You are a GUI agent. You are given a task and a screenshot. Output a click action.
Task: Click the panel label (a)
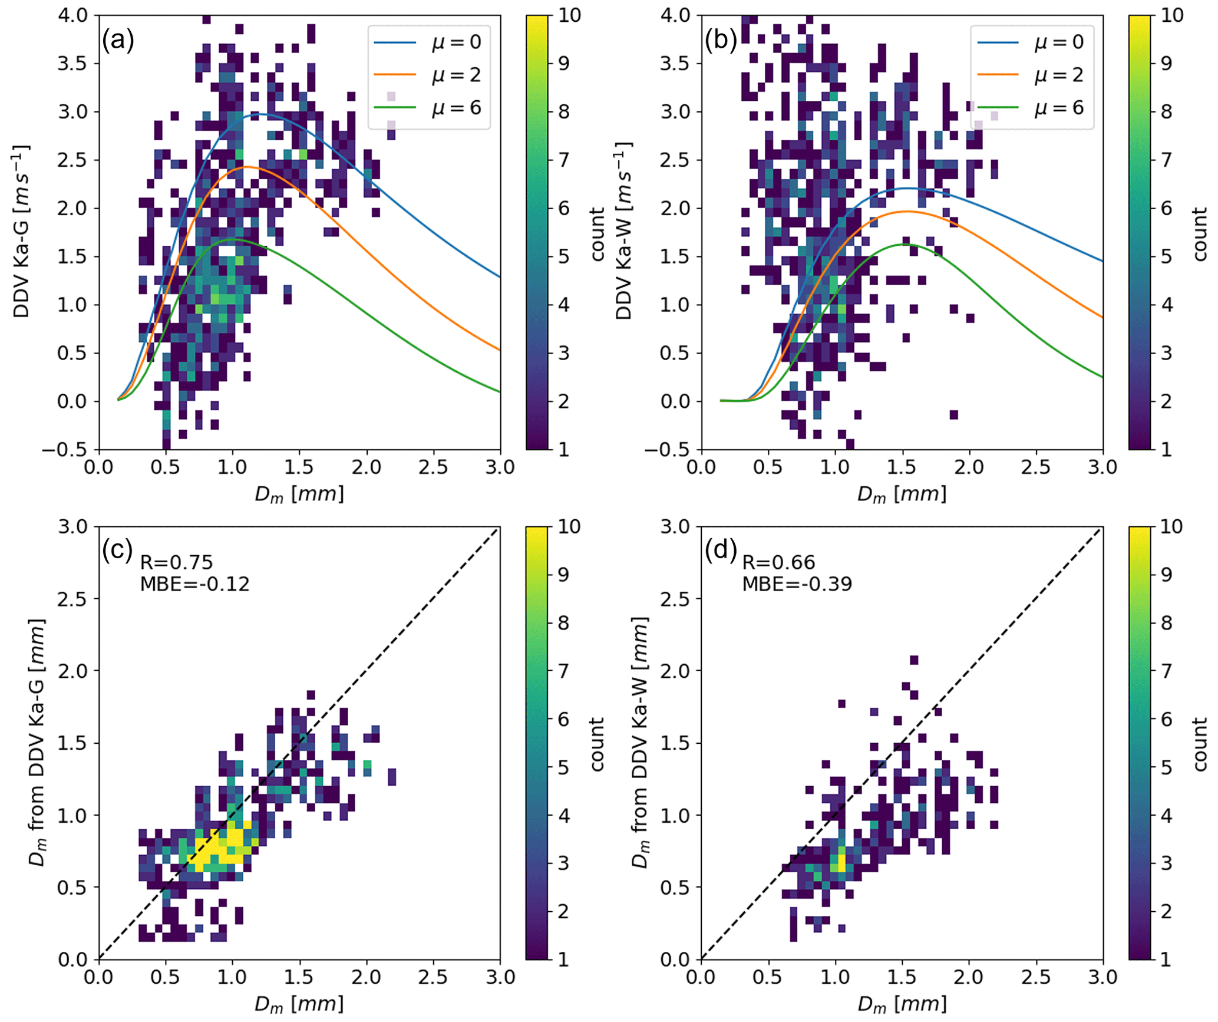[118, 41]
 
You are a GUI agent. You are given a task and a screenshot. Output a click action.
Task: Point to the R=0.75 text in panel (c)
[176, 563]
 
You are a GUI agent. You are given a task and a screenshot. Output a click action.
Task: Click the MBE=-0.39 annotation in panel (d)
[797, 584]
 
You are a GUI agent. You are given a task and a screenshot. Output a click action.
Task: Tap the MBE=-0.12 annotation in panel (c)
[194, 584]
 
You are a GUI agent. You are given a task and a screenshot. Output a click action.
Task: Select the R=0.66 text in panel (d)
[778, 563]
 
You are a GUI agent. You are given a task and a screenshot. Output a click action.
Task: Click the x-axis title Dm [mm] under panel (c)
[299, 1003]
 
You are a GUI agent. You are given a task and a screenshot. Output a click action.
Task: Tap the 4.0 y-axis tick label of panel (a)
[72, 15]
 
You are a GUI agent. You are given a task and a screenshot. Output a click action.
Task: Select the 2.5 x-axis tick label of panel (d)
[1036, 977]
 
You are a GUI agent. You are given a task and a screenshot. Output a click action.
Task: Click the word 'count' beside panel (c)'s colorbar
[598, 744]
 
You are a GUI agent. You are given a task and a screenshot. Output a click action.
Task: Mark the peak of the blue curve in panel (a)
[256, 114]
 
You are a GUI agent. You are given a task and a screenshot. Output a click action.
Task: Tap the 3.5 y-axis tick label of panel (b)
[675, 64]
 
